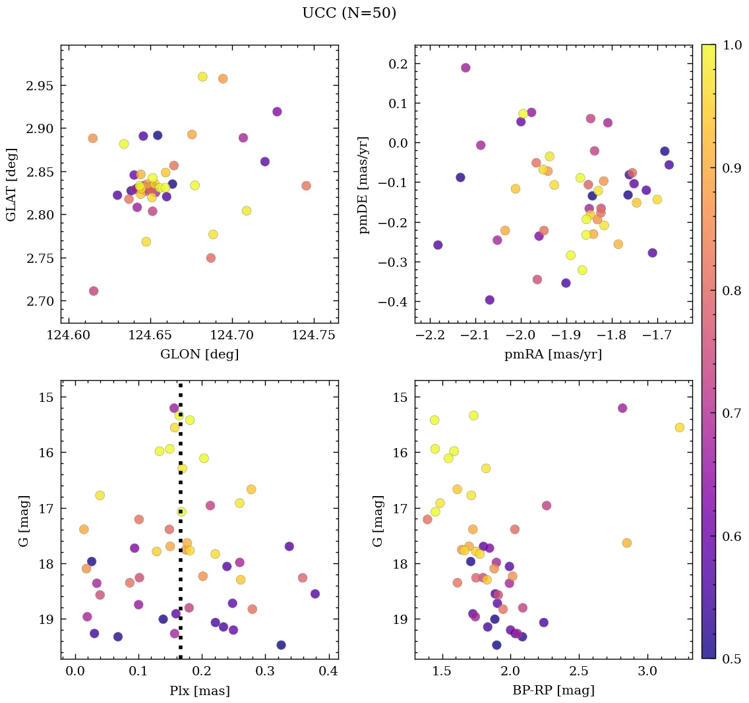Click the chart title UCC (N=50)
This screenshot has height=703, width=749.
[349, 13]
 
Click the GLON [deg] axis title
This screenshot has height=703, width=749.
[199, 354]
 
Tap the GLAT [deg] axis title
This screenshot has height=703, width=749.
[11, 184]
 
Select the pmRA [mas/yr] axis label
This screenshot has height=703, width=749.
[553, 354]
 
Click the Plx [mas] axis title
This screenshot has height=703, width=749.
[199, 691]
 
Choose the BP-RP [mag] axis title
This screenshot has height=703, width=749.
[553, 691]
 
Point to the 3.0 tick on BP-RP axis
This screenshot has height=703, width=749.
[647, 672]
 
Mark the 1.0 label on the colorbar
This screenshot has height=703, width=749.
[729, 45]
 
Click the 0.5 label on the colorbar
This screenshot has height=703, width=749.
[729, 658]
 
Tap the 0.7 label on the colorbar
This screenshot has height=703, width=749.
[729, 413]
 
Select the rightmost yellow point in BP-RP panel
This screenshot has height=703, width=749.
[679, 428]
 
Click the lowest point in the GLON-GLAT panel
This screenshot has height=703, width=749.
[94, 291]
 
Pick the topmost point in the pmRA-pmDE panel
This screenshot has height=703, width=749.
[465, 68]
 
